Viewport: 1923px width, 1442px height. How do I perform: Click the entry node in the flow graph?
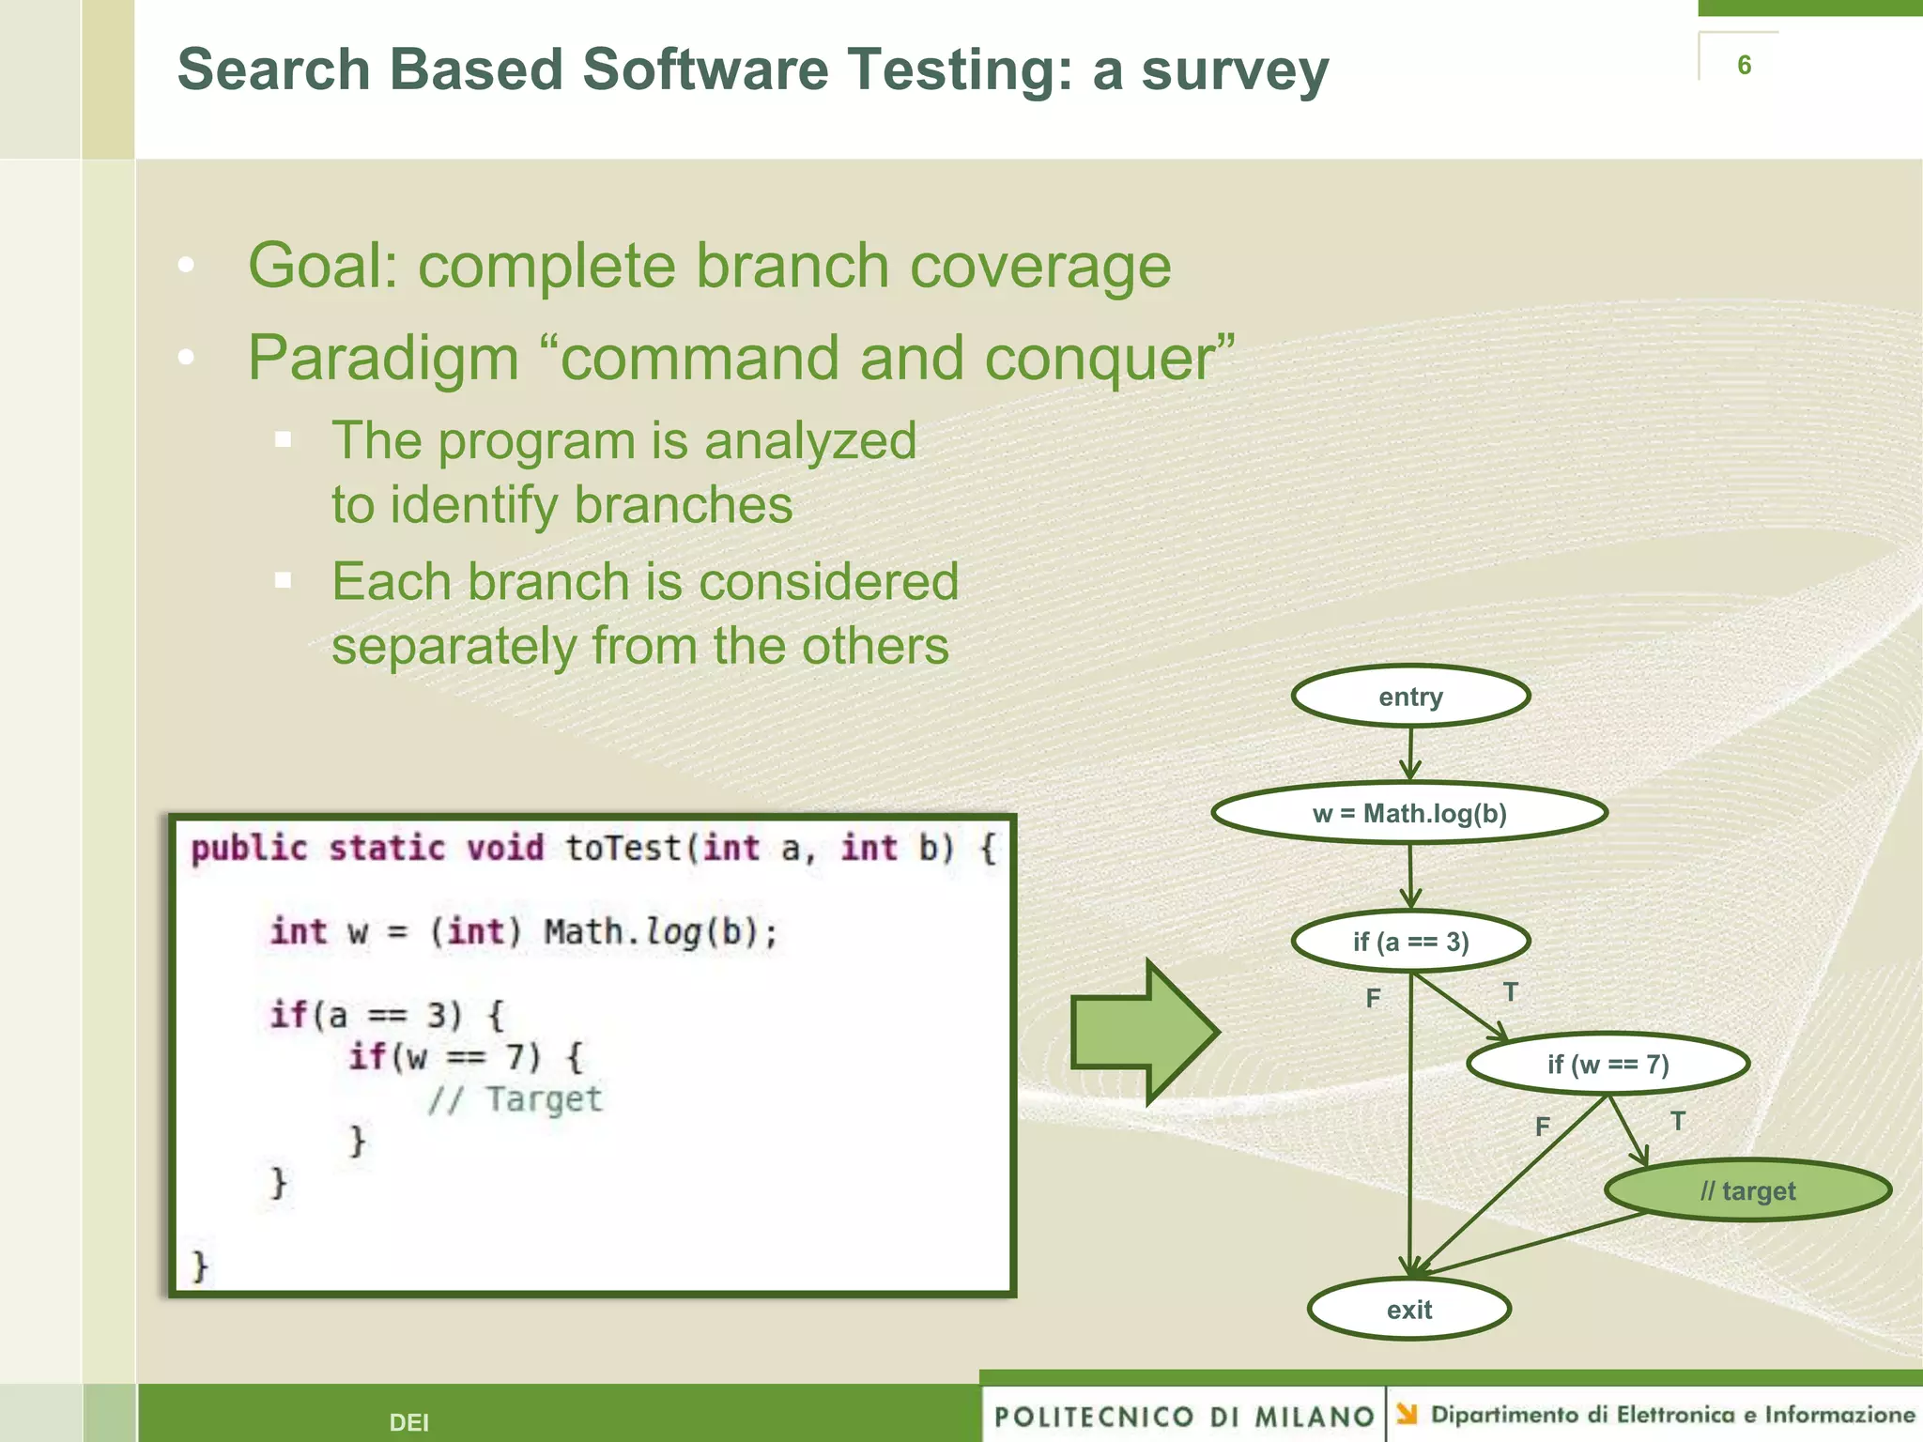click(1410, 697)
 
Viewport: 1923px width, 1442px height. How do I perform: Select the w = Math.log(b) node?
click(1409, 813)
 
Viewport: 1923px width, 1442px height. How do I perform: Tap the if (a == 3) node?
click(1410, 941)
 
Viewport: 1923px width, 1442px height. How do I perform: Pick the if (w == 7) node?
click(1608, 1064)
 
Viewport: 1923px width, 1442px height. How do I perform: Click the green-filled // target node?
click(1747, 1190)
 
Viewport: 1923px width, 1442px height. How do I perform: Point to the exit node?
click(1408, 1309)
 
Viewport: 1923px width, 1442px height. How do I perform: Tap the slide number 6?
click(1744, 65)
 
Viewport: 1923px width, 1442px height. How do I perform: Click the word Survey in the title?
click(1234, 70)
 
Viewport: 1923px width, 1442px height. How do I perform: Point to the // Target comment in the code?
click(515, 1098)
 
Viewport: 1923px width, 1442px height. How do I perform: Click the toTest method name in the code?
click(623, 848)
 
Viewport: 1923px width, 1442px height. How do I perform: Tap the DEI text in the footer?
click(408, 1422)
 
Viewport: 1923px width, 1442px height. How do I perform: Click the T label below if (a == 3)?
click(1510, 991)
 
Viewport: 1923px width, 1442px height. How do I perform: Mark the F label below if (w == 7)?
click(1542, 1126)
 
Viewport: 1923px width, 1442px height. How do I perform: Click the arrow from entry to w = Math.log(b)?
click(1410, 753)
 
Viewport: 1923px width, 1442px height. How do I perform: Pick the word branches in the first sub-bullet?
click(683, 505)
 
